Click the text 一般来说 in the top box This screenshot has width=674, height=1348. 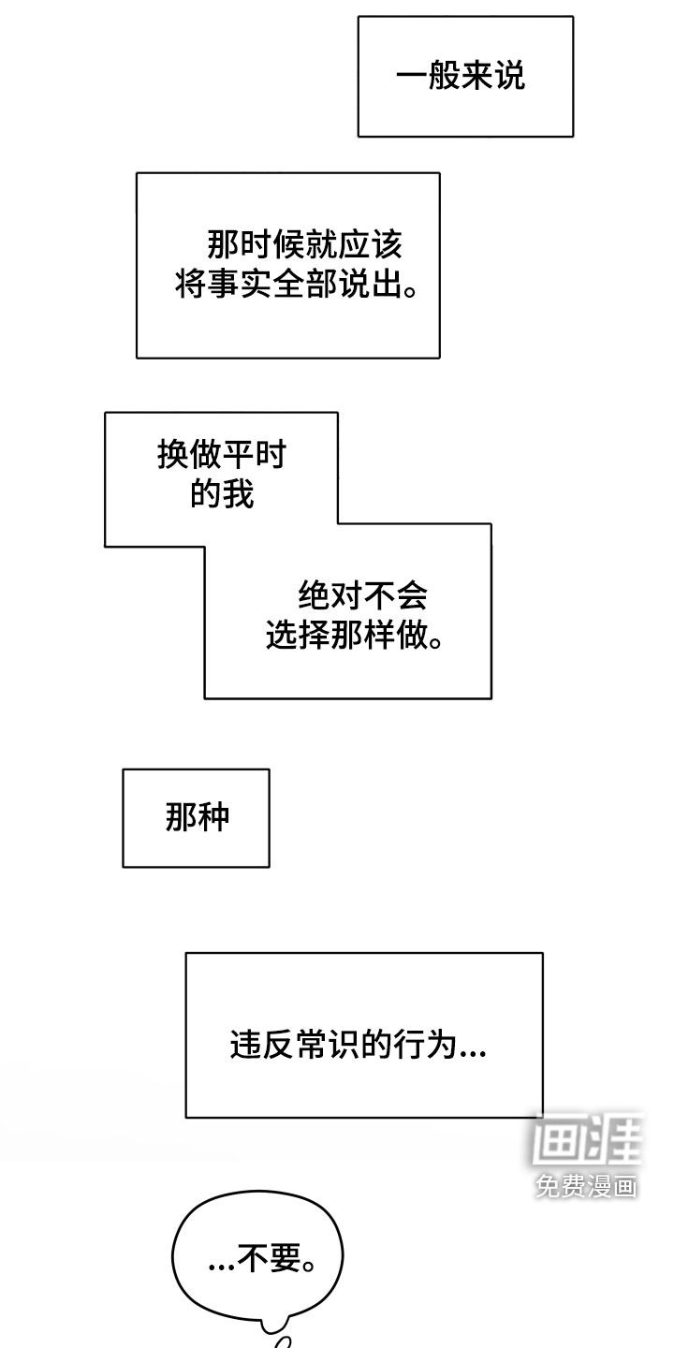pos(460,77)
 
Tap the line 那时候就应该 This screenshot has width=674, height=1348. pos(304,245)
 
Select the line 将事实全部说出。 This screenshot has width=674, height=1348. pos(295,285)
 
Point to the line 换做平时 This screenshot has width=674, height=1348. pos(222,456)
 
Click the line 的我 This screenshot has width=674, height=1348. pos(222,493)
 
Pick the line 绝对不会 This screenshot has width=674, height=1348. pos(362,595)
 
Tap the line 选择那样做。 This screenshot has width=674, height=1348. pos(354,636)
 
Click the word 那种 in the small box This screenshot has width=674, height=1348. pos(197,818)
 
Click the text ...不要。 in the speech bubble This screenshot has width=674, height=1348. pos(261,1261)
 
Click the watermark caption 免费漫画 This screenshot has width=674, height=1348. pos(587,1187)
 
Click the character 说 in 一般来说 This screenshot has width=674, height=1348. pos(509,77)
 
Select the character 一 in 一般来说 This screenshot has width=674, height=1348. pos(412,77)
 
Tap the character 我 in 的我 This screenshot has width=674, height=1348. pos(238,493)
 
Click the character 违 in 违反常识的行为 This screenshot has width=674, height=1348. pos(245,1045)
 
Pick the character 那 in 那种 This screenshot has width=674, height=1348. pos(181,818)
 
